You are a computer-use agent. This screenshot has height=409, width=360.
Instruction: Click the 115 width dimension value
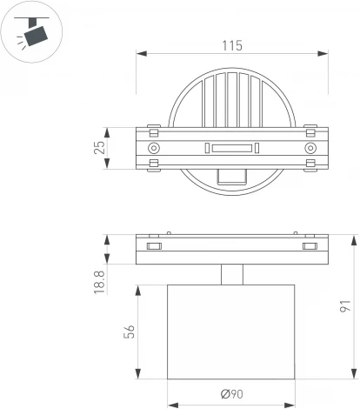tap(231, 44)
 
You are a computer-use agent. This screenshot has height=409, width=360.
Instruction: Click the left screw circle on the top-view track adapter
tap(154, 149)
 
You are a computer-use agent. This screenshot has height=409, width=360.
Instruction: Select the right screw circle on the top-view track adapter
tap(310, 149)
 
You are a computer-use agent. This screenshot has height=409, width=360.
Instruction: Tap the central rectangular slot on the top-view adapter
tap(231, 149)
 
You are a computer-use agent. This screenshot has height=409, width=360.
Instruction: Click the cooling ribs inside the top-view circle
tap(231, 98)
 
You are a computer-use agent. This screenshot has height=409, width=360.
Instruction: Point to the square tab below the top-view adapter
tap(231, 176)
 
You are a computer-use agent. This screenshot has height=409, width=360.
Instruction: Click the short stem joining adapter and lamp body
tap(231, 274)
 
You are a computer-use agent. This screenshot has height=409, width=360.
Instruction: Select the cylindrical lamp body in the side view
tap(231, 331)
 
